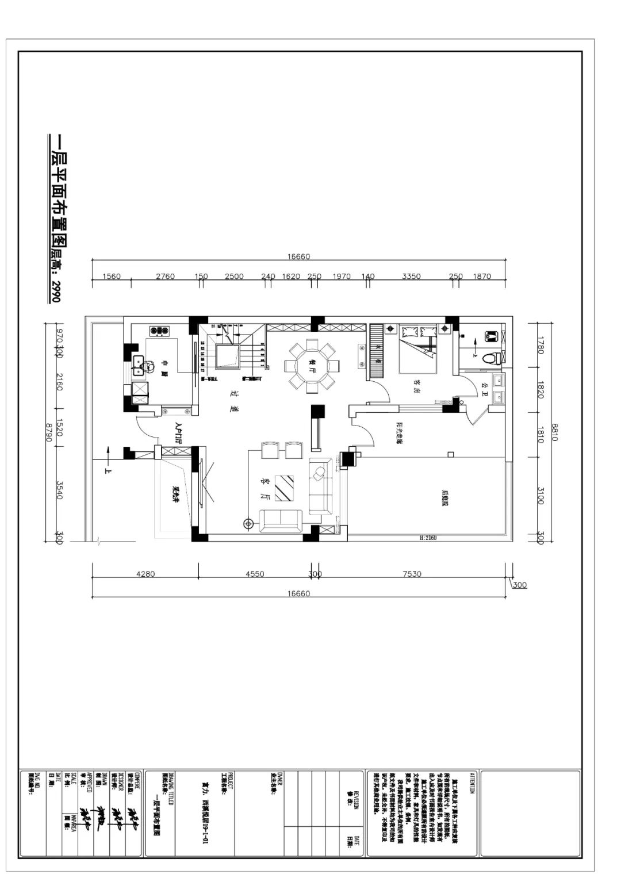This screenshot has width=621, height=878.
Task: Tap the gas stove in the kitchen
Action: [x=160, y=331]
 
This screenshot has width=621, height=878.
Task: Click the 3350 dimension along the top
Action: [x=411, y=277]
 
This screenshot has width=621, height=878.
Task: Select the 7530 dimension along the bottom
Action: [x=412, y=574]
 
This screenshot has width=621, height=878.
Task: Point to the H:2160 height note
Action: [x=428, y=538]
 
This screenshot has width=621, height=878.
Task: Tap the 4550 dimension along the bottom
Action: [x=255, y=574]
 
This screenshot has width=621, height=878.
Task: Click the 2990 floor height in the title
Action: [x=56, y=291]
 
